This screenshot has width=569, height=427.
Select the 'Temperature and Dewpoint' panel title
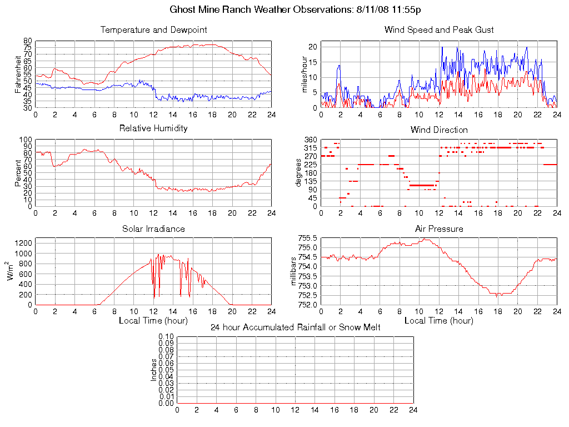[x=153, y=29]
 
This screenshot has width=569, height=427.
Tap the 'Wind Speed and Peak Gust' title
[x=439, y=29]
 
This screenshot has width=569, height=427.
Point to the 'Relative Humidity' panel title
[x=153, y=128]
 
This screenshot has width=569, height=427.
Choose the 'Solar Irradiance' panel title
[x=153, y=229]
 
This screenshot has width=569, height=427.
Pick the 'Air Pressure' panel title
[x=439, y=229]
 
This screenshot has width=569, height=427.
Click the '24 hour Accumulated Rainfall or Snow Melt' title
[x=295, y=327]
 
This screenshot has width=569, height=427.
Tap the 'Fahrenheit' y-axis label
[x=18, y=74]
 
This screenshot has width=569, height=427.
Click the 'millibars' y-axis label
[x=295, y=271]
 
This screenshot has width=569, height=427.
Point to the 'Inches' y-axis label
[x=154, y=370]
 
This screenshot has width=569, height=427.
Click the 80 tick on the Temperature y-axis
[x=27, y=41]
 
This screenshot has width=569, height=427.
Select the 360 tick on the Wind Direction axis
[x=310, y=140]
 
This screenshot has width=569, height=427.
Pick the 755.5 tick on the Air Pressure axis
[x=307, y=238]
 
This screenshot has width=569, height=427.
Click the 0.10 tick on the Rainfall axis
[x=166, y=337]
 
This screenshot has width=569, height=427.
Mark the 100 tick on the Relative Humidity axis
[x=26, y=140]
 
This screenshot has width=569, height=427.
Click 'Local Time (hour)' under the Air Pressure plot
[x=439, y=321]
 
